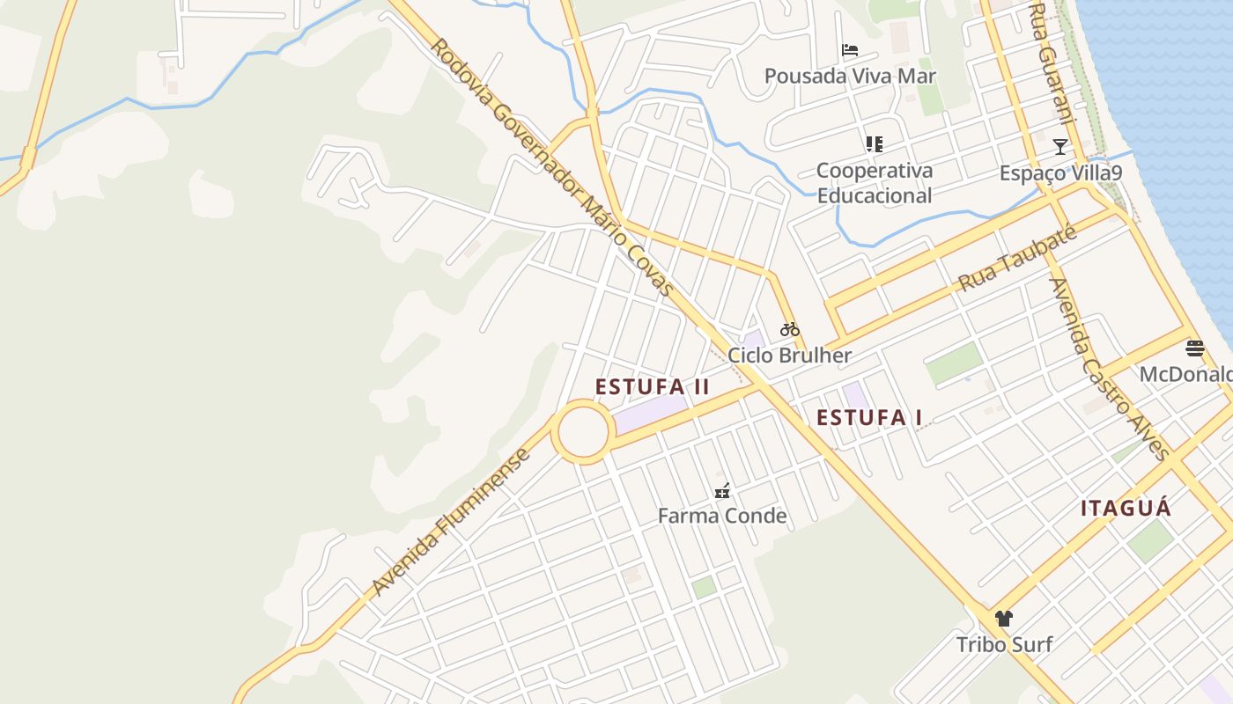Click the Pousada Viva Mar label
[850, 76]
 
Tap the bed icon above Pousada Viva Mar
[850, 50]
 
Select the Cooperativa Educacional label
[874, 183]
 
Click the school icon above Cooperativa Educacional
[874, 143]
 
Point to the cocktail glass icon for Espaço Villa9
[1060, 147]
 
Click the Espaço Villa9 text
[1060, 172]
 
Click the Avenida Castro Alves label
[1108, 369]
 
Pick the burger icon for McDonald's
[1194, 348]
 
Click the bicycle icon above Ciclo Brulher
[790, 330]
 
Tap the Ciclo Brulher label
[790, 356]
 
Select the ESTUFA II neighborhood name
[652, 387]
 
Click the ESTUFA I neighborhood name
[869, 417]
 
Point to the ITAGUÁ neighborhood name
[1126, 508]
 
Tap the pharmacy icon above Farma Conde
[722, 491]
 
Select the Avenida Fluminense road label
[451, 523]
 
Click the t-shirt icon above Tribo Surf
[1004, 618]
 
